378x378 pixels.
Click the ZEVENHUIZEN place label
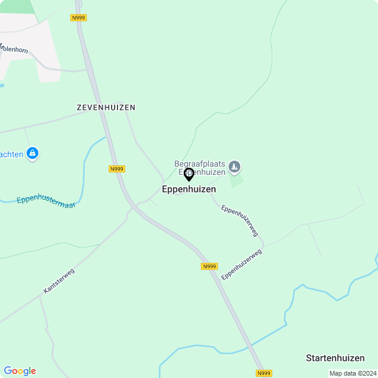click(x=106, y=107)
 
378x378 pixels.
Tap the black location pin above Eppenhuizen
click(x=189, y=174)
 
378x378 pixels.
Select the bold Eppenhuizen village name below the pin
click(x=189, y=190)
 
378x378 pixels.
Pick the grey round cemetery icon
click(x=235, y=167)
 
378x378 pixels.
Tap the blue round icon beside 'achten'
click(x=33, y=154)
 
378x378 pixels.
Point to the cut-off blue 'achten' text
click(x=11, y=154)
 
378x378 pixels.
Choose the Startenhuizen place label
click(x=335, y=358)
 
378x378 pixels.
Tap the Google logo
click(x=19, y=371)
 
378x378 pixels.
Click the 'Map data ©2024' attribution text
click(x=353, y=373)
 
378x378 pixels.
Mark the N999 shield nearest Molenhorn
click(x=78, y=18)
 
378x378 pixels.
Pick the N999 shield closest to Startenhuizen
click(x=264, y=373)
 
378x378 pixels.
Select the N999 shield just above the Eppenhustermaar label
click(x=117, y=169)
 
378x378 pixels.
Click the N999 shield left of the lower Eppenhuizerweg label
click(x=209, y=266)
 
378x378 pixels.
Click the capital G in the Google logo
click(x=8, y=370)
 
